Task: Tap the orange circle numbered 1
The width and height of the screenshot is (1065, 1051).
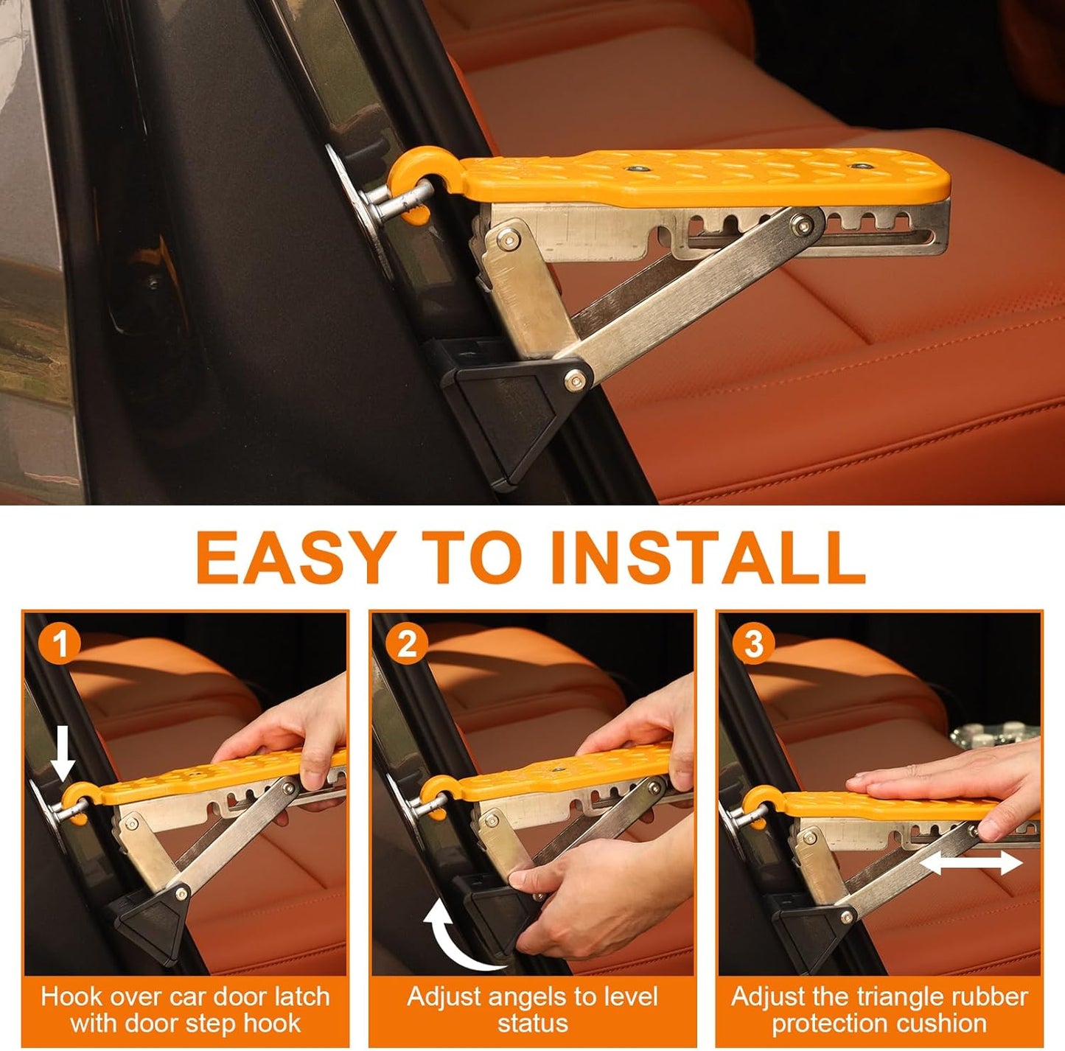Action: click(60, 643)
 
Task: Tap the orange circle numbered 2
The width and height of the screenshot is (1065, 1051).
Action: click(407, 643)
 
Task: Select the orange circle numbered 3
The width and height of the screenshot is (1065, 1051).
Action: click(753, 643)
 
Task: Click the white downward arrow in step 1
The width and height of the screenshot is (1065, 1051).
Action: click(63, 751)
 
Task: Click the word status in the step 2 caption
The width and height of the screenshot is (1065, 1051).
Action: click(532, 1023)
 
